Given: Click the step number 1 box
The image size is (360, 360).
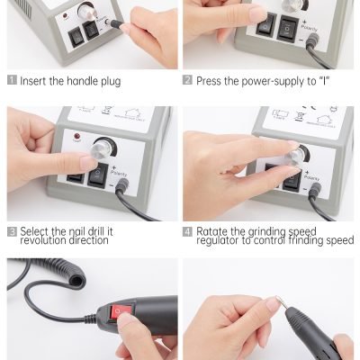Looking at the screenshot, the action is coord(12,80).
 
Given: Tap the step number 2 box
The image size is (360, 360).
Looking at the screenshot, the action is coord(187,80).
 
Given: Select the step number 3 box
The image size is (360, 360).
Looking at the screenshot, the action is coord(12,232).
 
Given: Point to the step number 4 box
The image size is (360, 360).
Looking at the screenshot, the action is coord(187,232).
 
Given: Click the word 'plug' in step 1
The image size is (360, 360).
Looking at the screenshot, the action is coord(110,82).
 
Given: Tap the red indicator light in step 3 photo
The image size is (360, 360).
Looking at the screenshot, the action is coord(76,138).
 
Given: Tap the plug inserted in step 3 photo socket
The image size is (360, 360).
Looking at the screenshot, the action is coord(123,185).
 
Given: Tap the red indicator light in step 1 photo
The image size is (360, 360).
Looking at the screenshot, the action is coord(65,15).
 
